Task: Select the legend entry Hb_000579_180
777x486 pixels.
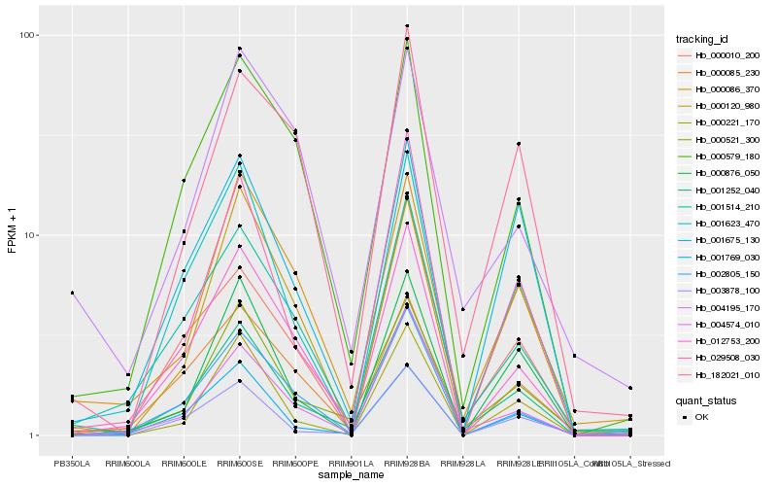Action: pos(721,156)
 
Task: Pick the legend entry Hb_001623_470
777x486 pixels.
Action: pos(721,224)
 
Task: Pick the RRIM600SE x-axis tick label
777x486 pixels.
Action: pos(239,462)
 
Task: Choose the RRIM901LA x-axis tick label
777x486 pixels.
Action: pos(351,462)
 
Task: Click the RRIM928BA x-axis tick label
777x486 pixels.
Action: pos(407,462)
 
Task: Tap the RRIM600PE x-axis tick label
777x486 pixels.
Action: pos(295,462)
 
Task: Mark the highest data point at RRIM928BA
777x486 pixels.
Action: pos(407,25)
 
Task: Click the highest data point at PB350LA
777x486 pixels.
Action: pos(72,293)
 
